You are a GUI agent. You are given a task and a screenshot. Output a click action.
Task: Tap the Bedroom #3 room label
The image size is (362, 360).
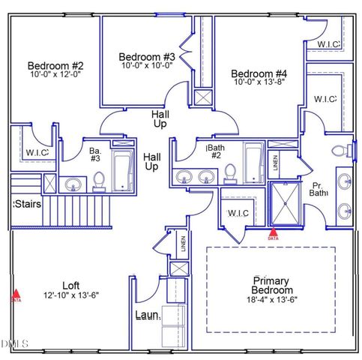tap(147, 57)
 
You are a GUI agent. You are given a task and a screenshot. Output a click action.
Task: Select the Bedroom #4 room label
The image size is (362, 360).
tap(259, 73)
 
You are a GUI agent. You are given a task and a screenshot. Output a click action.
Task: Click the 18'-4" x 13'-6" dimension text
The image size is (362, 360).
tap(272, 300)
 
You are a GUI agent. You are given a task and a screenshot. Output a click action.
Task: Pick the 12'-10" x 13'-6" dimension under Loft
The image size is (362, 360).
tap(71, 295)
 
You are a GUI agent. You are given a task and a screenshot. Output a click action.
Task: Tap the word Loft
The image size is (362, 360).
tap(71, 285)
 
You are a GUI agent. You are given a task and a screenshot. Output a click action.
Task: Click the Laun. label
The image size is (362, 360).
tap(148, 316)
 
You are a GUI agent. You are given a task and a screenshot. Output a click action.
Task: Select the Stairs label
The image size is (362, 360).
tap(27, 203)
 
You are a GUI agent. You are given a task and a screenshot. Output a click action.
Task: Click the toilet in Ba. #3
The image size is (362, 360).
tap(99, 180)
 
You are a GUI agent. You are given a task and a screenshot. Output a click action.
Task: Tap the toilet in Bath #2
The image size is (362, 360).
tap(230, 172)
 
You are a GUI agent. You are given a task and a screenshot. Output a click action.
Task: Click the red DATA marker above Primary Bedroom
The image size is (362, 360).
tap(273, 233)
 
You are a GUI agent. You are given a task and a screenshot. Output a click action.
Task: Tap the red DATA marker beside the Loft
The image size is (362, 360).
tap(16, 295)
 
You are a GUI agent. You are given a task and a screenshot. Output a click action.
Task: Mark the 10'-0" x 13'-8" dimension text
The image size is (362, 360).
tap(259, 83)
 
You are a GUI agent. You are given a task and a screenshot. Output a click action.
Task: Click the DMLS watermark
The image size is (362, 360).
tap(14, 343)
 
